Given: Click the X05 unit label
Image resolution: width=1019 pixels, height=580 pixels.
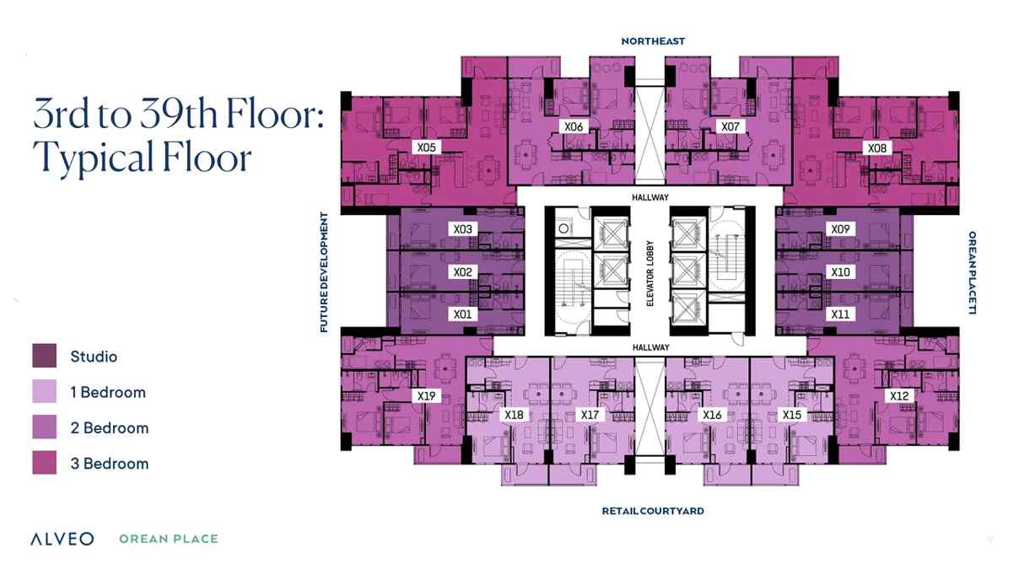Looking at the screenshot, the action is click(426, 148).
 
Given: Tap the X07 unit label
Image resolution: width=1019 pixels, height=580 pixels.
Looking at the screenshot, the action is click(731, 126).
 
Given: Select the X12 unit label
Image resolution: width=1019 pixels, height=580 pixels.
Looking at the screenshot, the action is click(899, 395).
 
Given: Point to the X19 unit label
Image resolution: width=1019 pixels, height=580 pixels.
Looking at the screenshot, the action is click(426, 395).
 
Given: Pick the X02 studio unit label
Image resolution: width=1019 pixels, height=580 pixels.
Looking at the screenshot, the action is click(462, 271).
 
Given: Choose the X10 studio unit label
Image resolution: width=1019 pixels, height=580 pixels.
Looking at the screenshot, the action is click(840, 271).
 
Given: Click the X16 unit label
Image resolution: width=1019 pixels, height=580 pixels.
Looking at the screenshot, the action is click(712, 415).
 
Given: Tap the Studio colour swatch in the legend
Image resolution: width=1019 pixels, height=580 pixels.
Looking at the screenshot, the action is click(45, 356).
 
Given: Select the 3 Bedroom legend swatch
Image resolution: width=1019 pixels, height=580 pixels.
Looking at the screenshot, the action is click(45, 463).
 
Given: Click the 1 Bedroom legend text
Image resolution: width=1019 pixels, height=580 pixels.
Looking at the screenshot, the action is click(108, 392).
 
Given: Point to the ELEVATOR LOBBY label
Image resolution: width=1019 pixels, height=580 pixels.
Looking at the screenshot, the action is click(650, 273).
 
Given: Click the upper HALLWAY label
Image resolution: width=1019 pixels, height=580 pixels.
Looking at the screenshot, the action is click(650, 197).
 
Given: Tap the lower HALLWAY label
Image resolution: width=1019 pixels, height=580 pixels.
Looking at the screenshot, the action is click(651, 347).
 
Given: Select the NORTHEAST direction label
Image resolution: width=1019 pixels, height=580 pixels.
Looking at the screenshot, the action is click(653, 41).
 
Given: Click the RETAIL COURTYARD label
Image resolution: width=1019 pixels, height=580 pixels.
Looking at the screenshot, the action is click(653, 511).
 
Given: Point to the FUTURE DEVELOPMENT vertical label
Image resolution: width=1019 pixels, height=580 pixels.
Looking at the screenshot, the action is click(324, 272).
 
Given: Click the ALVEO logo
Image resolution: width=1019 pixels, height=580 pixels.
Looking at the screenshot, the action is click(62, 539).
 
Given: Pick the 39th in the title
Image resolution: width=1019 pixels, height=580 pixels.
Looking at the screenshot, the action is click(178, 113).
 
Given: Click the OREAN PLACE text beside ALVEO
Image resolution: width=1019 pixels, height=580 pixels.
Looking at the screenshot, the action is click(169, 539).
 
